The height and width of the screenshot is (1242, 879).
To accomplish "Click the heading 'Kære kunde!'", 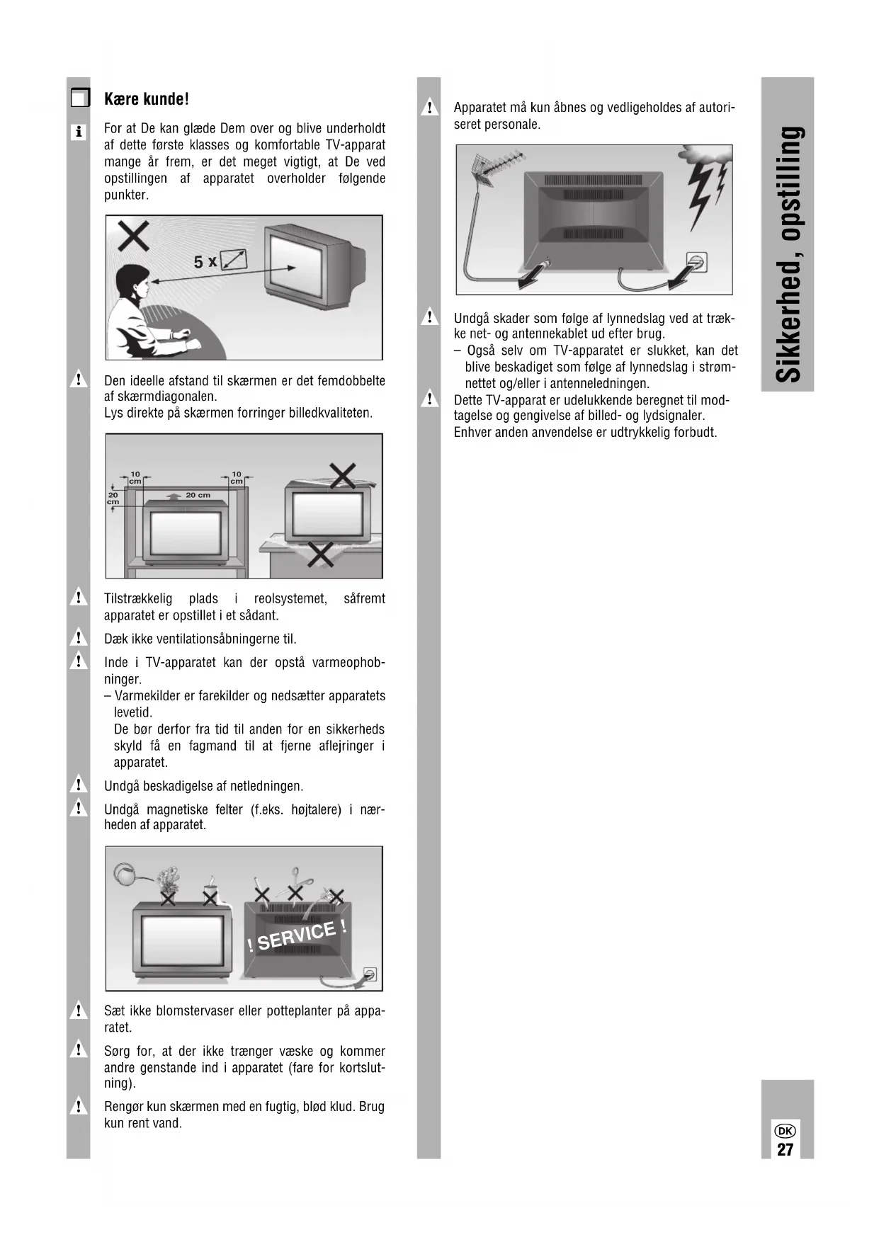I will click(x=146, y=99).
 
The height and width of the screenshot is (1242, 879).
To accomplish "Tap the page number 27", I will click(x=785, y=1149).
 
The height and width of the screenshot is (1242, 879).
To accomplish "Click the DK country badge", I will click(x=786, y=1131).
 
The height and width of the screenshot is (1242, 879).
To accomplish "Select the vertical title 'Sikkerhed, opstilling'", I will click(x=788, y=254).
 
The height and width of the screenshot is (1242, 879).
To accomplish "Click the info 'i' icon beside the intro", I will click(x=79, y=132).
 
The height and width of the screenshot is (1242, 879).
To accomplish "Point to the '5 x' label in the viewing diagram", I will click(x=205, y=261).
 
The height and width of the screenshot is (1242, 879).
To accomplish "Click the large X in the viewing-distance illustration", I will click(x=132, y=235).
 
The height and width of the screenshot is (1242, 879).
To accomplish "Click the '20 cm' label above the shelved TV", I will click(x=198, y=495).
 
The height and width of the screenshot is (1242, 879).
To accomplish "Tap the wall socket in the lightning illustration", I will click(x=697, y=261).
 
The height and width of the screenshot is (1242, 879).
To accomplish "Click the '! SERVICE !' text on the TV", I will click(x=297, y=936).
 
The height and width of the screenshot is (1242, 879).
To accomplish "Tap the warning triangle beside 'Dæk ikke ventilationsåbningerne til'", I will click(x=78, y=637).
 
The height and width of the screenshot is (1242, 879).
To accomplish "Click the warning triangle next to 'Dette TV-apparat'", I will click(x=429, y=399).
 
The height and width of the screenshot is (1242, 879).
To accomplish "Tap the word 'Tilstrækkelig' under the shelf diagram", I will click(x=137, y=599).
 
